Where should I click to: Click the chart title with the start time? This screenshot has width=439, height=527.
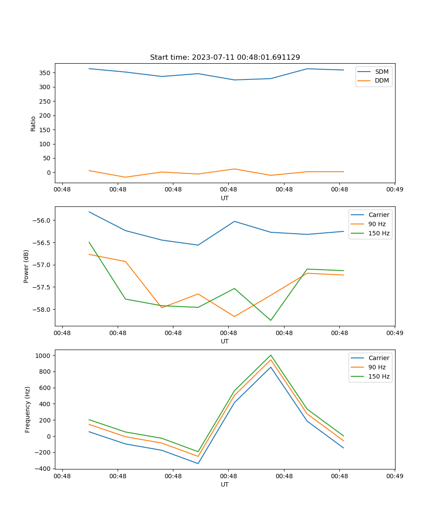click(x=225, y=58)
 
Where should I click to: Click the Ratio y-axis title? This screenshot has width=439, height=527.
click(x=33, y=123)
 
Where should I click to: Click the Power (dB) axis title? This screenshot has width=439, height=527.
click(x=26, y=266)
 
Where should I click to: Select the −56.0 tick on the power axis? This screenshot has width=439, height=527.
click(x=43, y=220)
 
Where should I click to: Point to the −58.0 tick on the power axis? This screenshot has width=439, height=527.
click(x=43, y=310)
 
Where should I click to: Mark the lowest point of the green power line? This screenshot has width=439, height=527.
click(x=270, y=320)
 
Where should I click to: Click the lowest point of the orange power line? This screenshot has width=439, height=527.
click(x=234, y=317)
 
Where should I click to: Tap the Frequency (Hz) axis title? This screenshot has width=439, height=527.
click(x=28, y=409)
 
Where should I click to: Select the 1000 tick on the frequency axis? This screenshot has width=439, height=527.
click(x=44, y=355)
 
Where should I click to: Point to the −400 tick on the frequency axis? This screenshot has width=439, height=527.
click(x=43, y=469)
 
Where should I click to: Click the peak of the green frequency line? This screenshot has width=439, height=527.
click(x=270, y=355)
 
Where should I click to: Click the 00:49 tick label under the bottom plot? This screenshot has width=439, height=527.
click(x=395, y=475)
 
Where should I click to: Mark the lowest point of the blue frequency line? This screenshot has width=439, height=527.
click(x=198, y=463)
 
